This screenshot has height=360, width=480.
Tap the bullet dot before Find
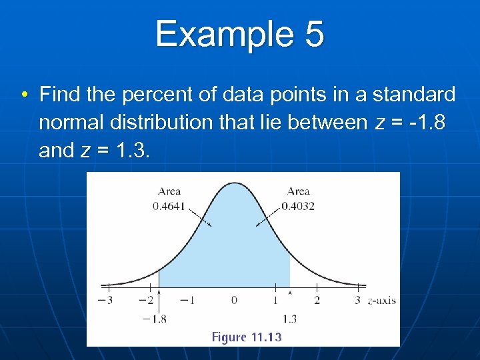(x=24, y=95)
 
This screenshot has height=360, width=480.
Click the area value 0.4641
(x=169, y=206)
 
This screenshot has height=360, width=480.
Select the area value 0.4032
(x=298, y=206)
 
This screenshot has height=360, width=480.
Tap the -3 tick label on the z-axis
(x=105, y=301)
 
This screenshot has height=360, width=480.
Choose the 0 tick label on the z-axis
(x=234, y=301)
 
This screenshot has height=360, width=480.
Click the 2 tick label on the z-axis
(x=317, y=301)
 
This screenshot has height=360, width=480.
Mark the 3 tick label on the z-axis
(x=358, y=301)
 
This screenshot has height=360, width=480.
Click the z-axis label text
(x=382, y=301)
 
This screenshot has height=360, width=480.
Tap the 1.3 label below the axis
(x=290, y=319)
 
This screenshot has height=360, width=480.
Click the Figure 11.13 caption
(x=247, y=337)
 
